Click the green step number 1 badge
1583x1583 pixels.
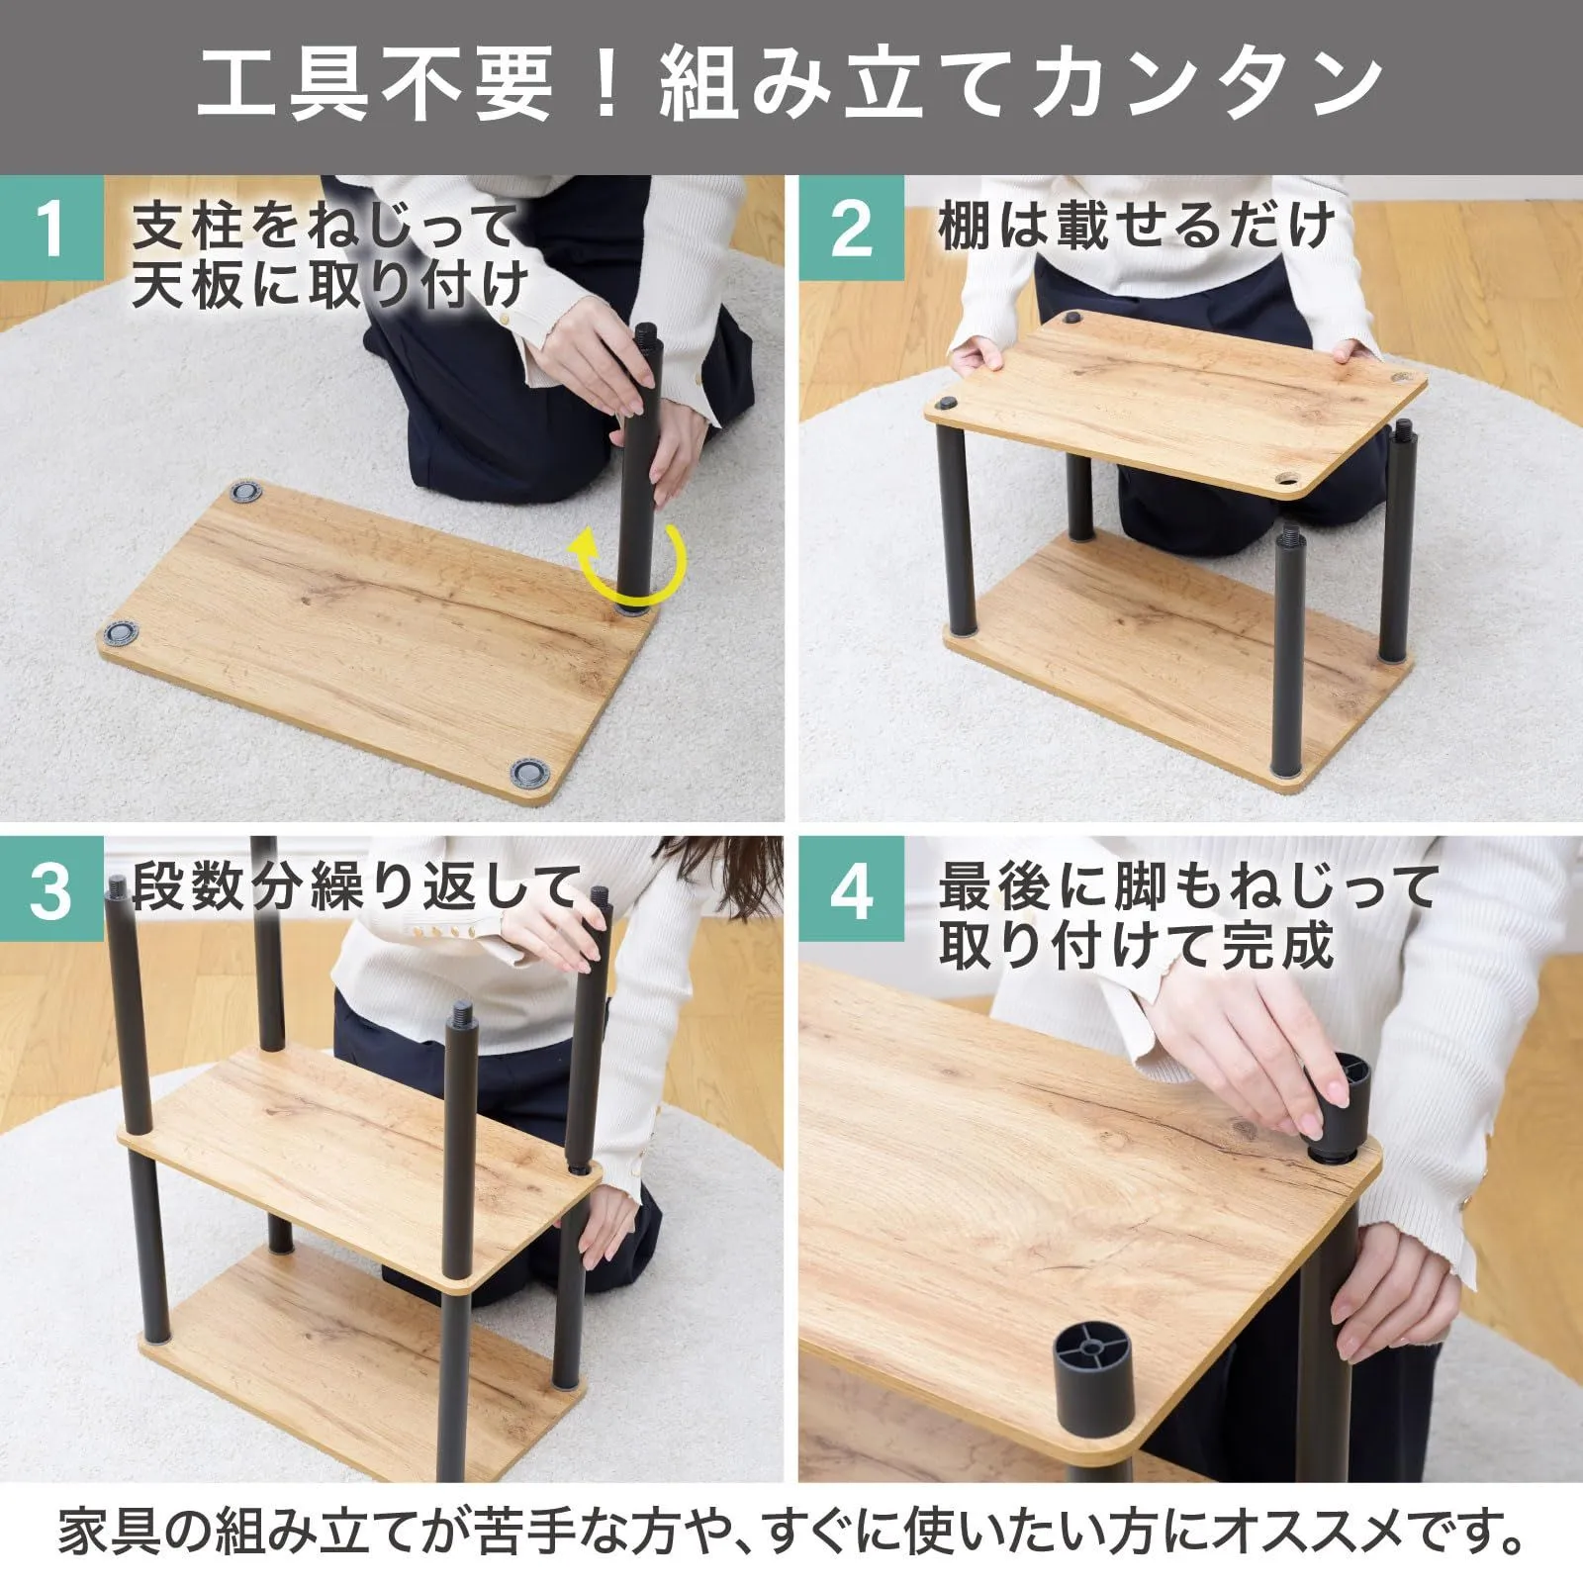(51, 228)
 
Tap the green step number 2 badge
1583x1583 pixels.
(851, 228)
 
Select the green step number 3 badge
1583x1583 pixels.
(51, 888)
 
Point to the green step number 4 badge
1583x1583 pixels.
(851, 888)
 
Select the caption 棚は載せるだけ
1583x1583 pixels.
(1136, 227)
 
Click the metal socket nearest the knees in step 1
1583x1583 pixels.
(245, 492)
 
